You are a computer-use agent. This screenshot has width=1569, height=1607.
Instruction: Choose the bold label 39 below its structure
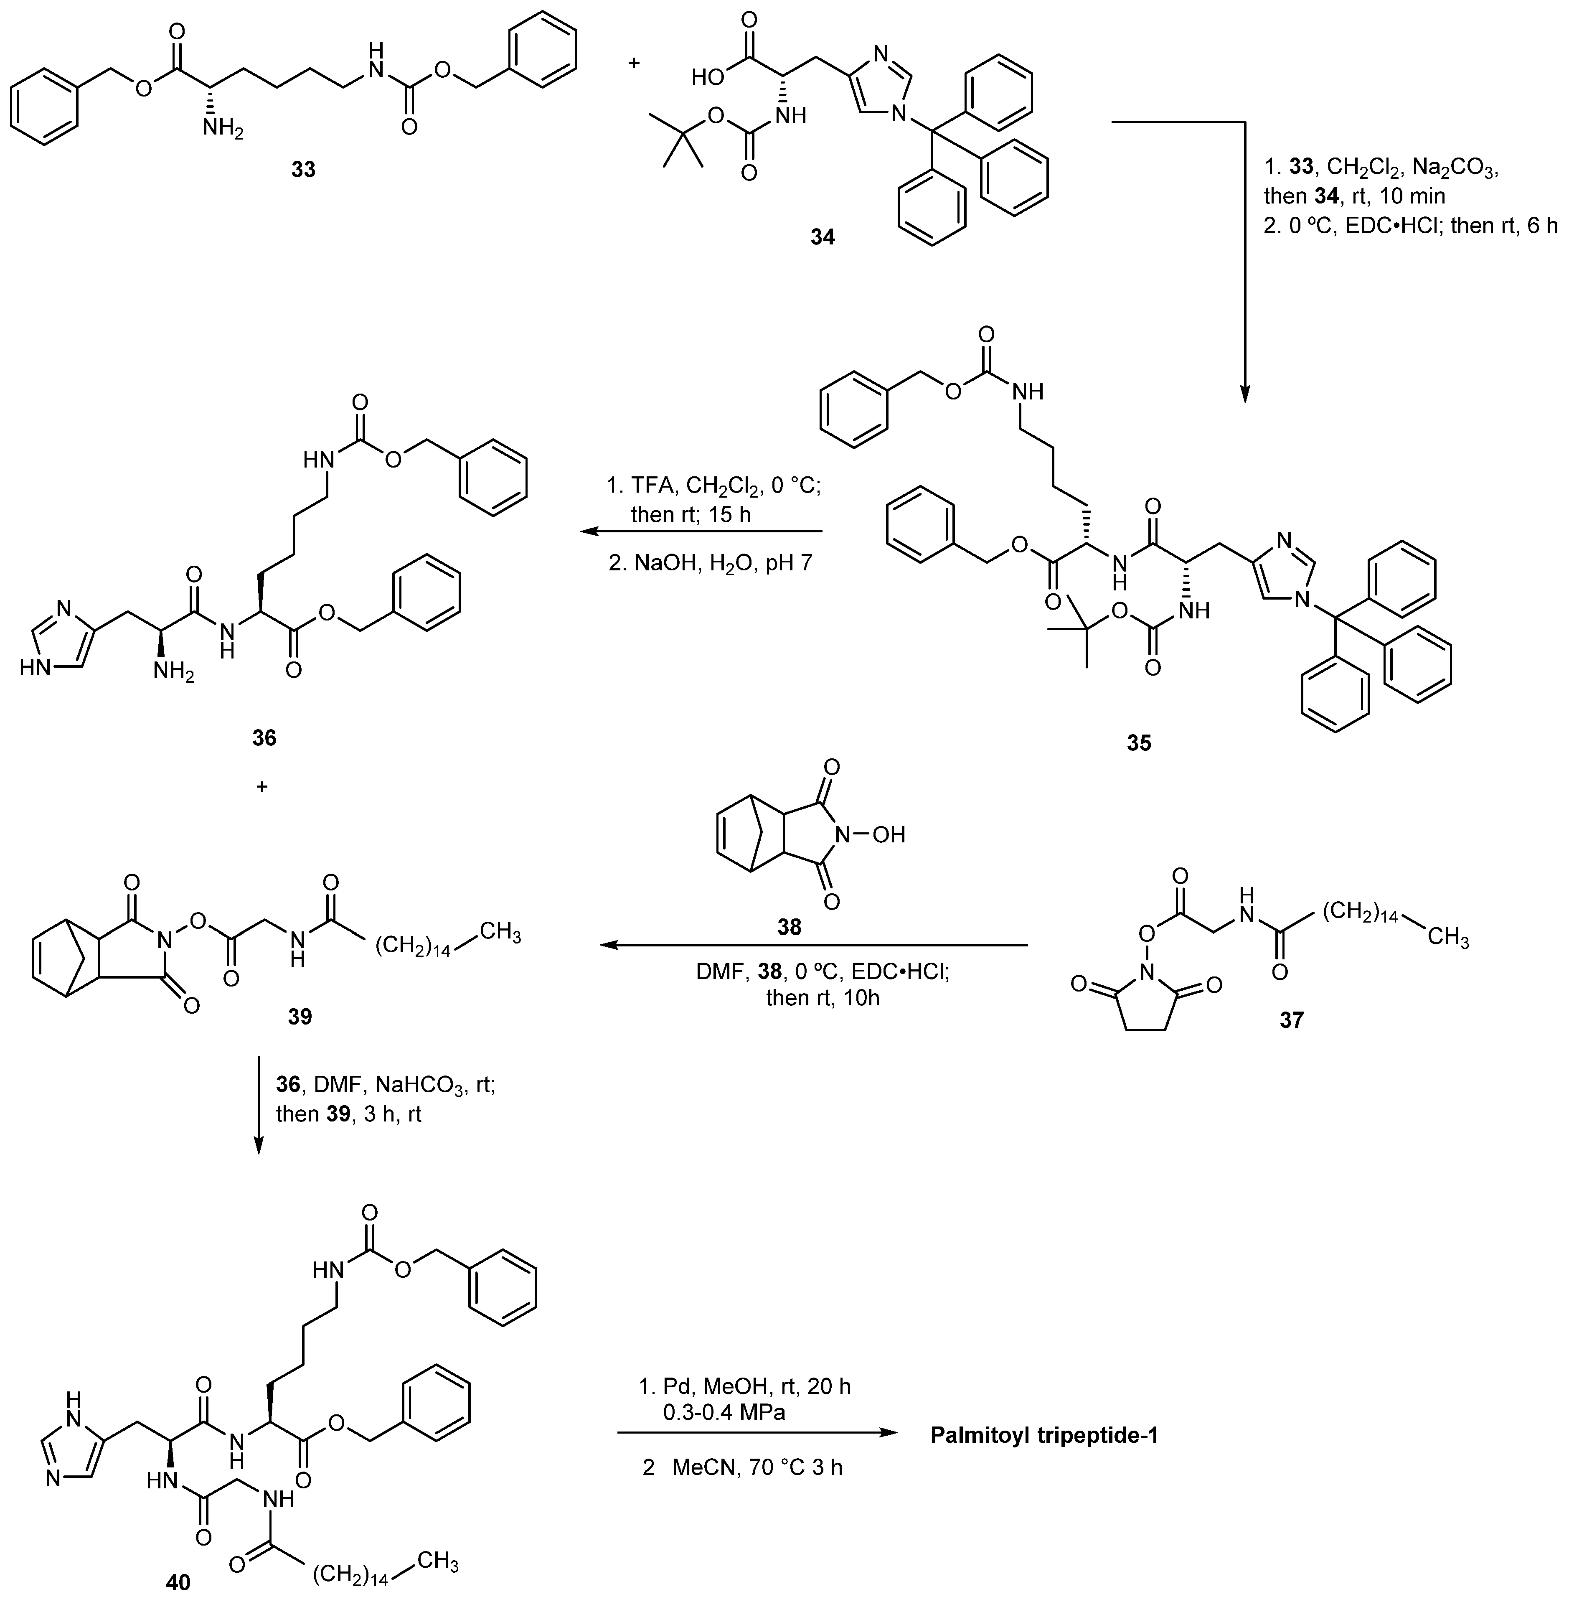(300, 1017)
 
